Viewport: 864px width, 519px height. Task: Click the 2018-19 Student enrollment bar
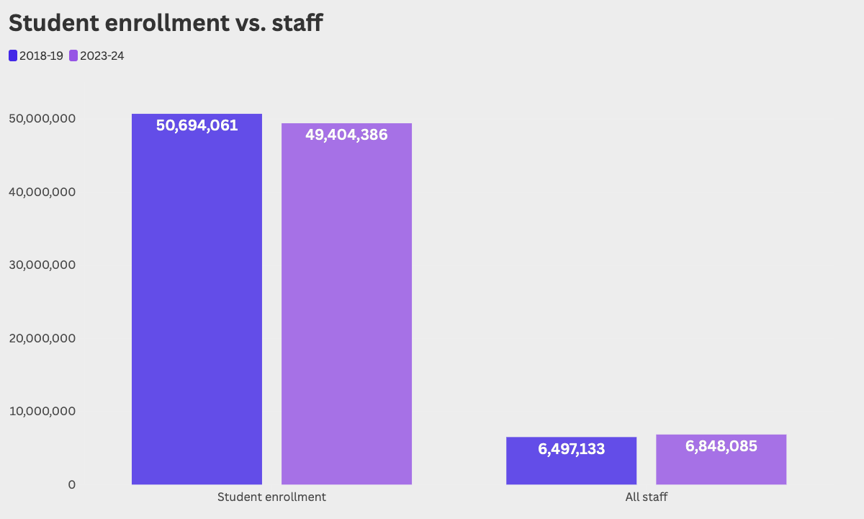click(197, 299)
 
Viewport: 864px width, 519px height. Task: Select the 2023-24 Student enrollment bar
click(346, 304)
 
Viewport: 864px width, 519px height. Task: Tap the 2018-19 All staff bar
click(571, 461)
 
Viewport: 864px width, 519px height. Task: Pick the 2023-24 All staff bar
click(721, 460)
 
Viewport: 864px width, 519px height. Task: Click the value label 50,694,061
click(197, 125)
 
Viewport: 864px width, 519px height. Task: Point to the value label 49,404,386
click(346, 135)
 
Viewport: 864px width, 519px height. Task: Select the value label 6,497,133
click(571, 449)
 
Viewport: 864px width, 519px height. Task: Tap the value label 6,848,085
click(721, 446)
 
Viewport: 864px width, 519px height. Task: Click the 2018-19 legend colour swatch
click(13, 56)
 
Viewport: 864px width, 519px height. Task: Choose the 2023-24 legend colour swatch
click(73, 56)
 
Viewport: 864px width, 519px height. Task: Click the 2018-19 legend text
click(41, 56)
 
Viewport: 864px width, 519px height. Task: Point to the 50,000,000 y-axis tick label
click(42, 118)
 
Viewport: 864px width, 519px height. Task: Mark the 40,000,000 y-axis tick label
click(42, 192)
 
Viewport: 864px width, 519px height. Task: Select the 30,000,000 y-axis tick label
click(42, 265)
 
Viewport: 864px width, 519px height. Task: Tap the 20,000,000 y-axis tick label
click(42, 338)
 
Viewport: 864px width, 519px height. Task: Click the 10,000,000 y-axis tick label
click(42, 412)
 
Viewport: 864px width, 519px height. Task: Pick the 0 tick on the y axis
click(72, 484)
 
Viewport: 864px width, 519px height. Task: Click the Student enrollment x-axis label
click(271, 497)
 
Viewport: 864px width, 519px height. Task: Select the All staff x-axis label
click(647, 497)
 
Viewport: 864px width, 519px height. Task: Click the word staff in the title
click(297, 22)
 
